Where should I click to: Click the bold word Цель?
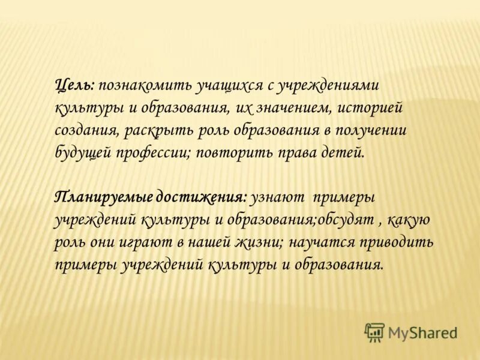[x=74, y=87]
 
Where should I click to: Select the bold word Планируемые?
[x=103, y=197]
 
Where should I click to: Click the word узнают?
[x=278, y=197]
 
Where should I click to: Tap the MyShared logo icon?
[x=374, y=332]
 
